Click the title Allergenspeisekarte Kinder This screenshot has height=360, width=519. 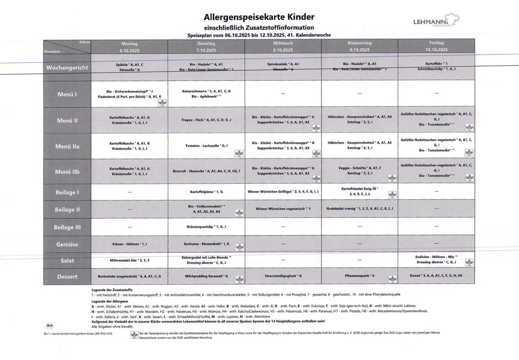[259, 18]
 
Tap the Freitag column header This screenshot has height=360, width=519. [436, 46]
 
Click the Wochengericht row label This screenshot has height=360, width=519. [68, 68]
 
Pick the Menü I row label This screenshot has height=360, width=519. [68, 94]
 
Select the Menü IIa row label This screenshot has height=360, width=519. [68, 146]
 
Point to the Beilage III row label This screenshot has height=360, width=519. [68, 227]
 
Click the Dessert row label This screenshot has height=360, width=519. [68, 276]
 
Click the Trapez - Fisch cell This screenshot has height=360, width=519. [206, 119]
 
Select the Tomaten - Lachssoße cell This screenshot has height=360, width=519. [206, 146]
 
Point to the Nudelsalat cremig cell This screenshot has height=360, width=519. [359, 209]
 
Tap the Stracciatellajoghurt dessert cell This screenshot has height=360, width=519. [283, 275]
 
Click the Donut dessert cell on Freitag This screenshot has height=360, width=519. [436, 275]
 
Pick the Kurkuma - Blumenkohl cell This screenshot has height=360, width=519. [206, 243]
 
